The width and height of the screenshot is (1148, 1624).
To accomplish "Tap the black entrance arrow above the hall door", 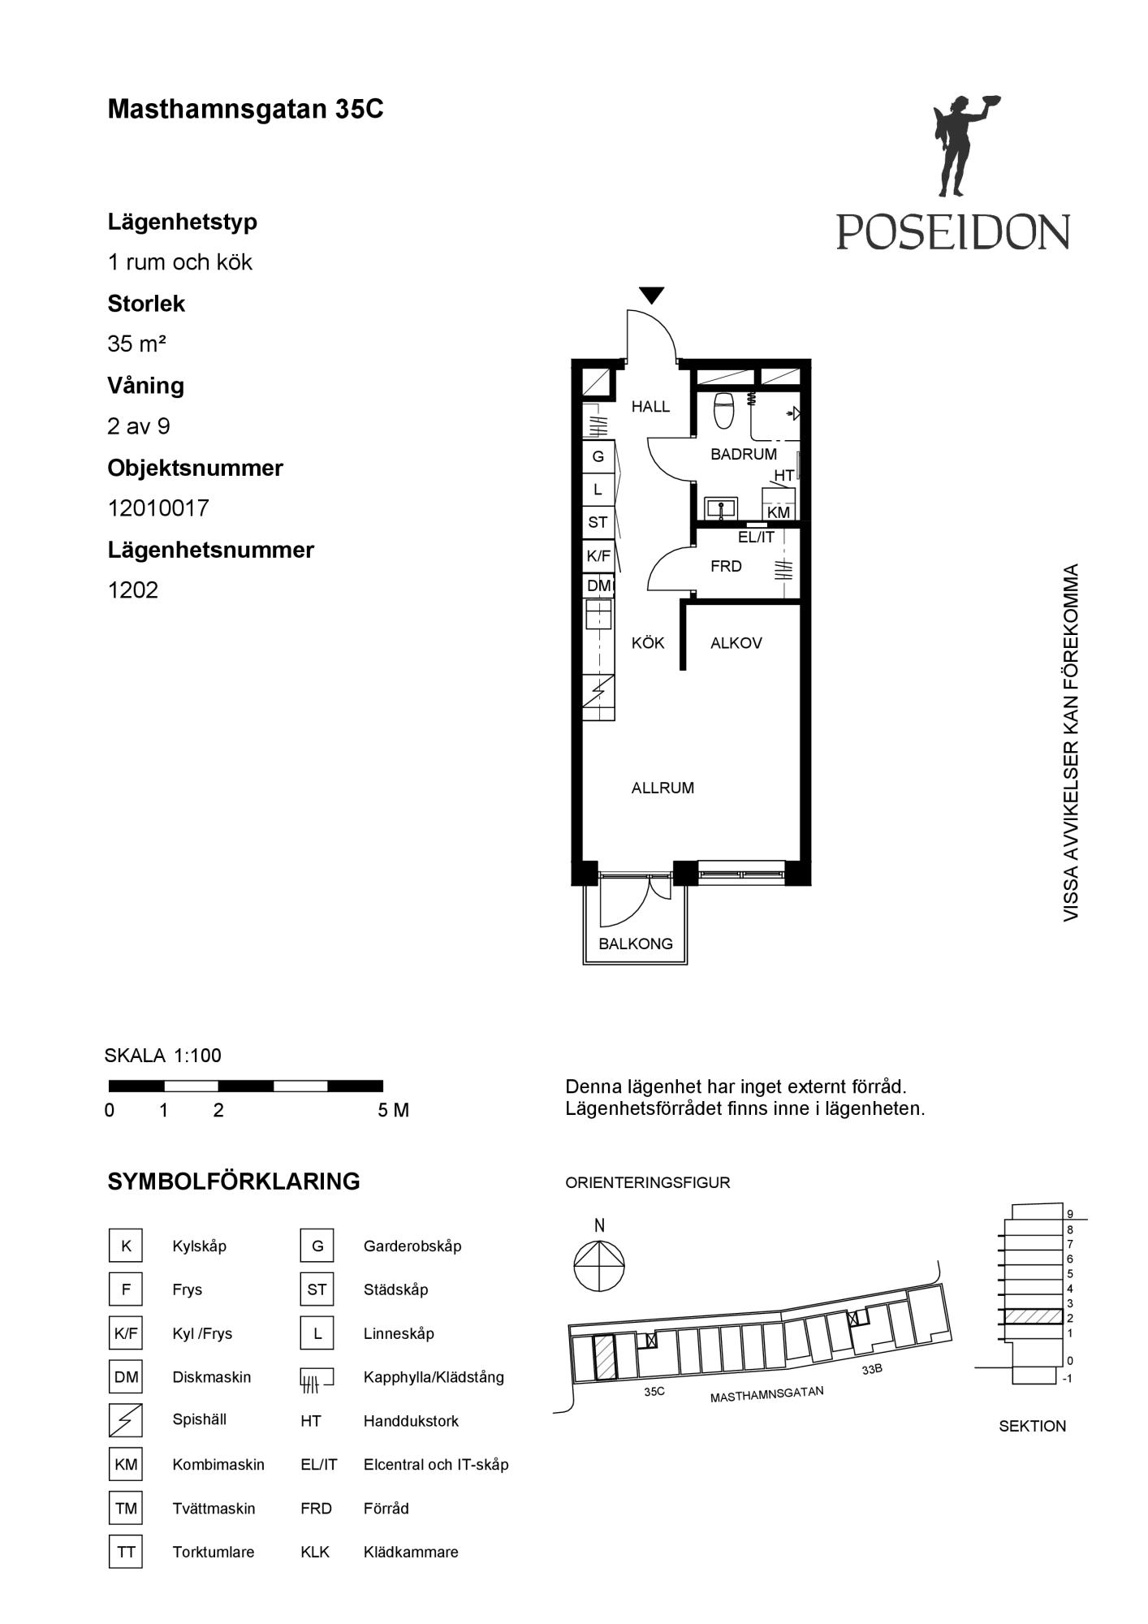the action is [652, 296].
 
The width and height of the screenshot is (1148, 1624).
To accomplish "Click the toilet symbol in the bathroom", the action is [723, 411].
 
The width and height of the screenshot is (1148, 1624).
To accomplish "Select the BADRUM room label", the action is [744, 454].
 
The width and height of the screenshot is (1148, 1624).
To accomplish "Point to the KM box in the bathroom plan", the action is [779, 512].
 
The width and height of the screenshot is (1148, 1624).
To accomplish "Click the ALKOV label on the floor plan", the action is [736, 643].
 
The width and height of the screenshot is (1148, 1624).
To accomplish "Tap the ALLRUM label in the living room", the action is [662, 788].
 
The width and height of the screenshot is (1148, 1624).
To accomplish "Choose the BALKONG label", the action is [636, 944].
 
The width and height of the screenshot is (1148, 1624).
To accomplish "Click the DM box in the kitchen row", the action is [599, 585].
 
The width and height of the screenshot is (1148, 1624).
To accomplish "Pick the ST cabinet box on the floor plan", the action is [598, 522].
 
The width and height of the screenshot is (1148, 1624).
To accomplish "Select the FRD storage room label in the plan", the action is [726, 566].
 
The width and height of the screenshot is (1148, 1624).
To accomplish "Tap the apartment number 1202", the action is [133, 590].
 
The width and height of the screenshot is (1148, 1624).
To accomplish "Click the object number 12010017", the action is [158, 508].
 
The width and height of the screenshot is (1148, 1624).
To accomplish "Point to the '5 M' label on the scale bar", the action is [394, 1110].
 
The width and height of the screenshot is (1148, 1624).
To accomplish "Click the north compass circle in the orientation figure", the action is [599, 1268].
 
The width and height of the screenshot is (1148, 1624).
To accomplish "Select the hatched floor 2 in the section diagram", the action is [1033, 1317].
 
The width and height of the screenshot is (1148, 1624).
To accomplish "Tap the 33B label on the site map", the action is [872, 1370].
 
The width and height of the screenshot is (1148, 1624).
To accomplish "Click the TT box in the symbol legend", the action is [126, 1552].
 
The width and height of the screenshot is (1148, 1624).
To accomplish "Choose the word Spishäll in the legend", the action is [200, 1419].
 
